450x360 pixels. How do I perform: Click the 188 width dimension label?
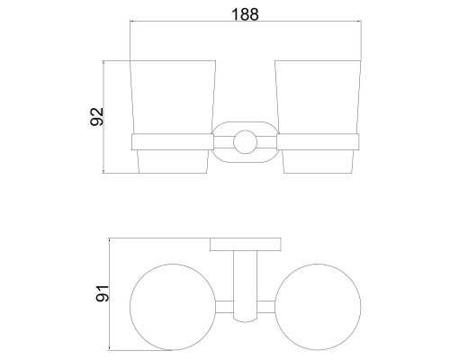click(x=245, y=14)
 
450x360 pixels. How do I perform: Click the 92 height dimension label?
click(x=97, y=117)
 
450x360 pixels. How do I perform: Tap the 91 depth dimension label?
click(x=103, y=293)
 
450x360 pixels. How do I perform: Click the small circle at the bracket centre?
click(x=246, y=142)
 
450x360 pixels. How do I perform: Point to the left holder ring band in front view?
click(x=173, y=142)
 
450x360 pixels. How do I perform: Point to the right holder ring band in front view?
click(x=318, y=142)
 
